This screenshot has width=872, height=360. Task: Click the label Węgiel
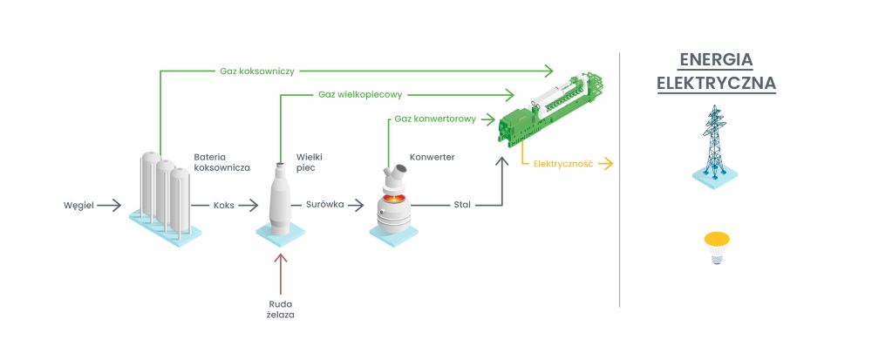(78, 206)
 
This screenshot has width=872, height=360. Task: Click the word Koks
(224, 206)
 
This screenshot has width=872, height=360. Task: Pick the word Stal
(462, 206)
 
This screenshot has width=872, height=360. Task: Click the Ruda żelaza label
(281, 309)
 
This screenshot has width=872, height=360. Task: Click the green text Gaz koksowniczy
(254, 69)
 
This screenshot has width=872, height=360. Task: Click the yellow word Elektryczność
(563, 164)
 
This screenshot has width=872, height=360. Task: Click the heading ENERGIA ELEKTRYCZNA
(716, 71)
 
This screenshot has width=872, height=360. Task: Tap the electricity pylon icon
(714, 144)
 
